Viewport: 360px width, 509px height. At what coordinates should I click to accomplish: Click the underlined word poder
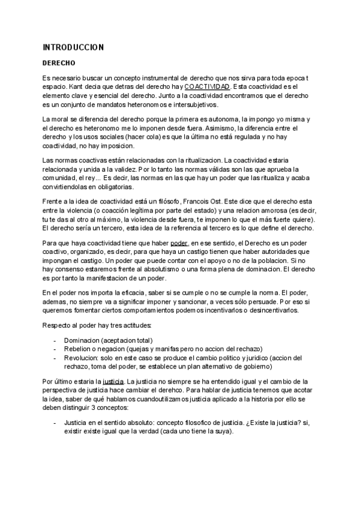(179, 243)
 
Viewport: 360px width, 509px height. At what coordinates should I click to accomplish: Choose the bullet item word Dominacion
(82, 341)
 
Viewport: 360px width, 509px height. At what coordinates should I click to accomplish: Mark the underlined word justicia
(113, 381)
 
